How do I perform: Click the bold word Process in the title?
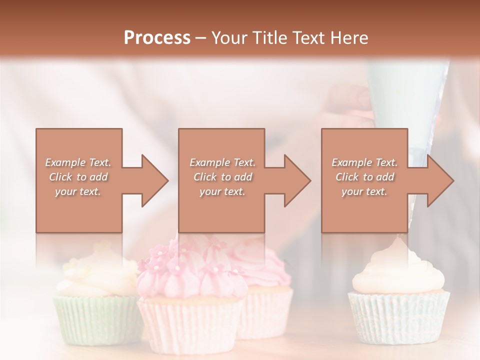[x=157, y=37]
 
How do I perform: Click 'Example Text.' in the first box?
[x=78, y=162]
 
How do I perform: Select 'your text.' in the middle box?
[x=222, y=191]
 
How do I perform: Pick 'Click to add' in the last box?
[x=365, y=177]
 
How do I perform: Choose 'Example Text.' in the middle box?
[x=222, y=162]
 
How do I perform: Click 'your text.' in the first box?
[x=78, y=191]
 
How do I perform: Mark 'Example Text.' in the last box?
[x=365, y=162]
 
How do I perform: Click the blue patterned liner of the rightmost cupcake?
[x=399, y=315]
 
